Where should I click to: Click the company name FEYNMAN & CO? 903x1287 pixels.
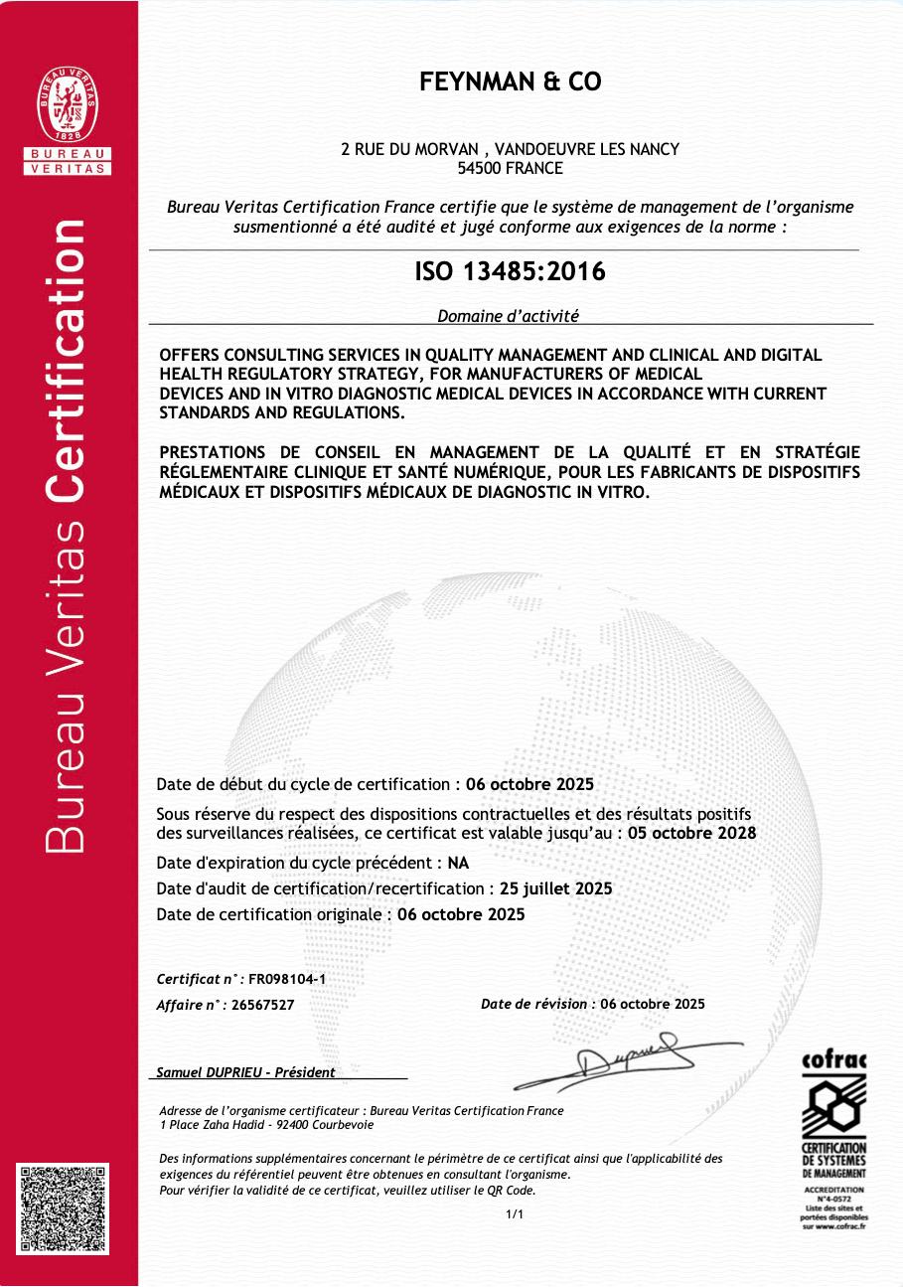tap(511, 82)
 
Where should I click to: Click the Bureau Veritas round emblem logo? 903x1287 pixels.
tap(68, 105)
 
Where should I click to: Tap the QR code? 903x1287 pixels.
tap(62, 1207)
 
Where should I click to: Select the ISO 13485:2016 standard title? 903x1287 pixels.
tap(510, 270)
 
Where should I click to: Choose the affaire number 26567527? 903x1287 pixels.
tap(262, 1005)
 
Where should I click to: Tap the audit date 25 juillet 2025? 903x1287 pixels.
tap(556, 888)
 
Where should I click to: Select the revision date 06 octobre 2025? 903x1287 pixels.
tap(653, 1004)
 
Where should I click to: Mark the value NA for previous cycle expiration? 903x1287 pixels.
tap(458, 862)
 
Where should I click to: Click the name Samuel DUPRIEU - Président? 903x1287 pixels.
tap(246, 1072)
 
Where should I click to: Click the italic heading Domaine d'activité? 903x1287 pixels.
tap(508, 316)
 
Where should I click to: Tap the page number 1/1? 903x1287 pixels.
tap(514, 1214)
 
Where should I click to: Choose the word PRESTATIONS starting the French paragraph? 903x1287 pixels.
tap(214, 453)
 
